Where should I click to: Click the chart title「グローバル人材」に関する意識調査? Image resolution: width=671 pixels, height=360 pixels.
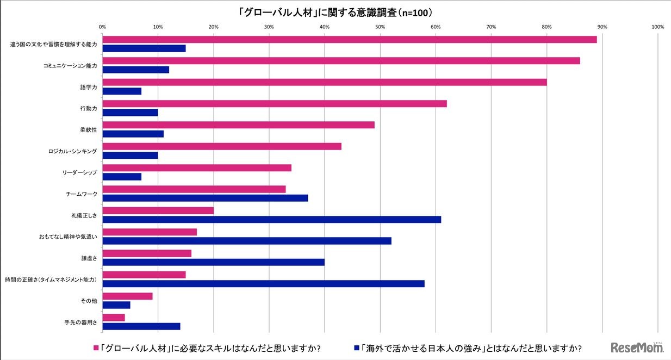pos(336,12)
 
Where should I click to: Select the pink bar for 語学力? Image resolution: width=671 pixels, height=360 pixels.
pos(325,82)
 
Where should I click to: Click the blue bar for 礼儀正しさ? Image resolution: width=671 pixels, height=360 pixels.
pos(272,219)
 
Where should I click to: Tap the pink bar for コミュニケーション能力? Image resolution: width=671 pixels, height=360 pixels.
pos(341,61)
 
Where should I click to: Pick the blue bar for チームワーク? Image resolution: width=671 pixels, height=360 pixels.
pos(205,198)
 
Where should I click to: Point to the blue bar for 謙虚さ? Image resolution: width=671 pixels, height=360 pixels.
pos(214,262)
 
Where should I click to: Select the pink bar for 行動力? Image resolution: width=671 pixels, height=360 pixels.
pos(275,103)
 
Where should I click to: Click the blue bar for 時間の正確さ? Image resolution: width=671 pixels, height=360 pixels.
pos(263,283)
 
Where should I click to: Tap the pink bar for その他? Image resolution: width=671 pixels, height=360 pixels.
pos(127,296)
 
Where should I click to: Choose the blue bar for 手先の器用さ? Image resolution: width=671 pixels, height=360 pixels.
pos(141,326)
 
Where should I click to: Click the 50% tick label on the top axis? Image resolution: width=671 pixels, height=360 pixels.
pos(380,26)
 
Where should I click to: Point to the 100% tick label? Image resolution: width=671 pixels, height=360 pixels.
pos(657,26)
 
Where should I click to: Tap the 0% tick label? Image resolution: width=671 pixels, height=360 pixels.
pos(102,26)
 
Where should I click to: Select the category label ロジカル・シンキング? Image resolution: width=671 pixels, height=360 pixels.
pos(72,151)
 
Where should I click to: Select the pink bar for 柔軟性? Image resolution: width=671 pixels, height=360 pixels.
pos(238,125)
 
